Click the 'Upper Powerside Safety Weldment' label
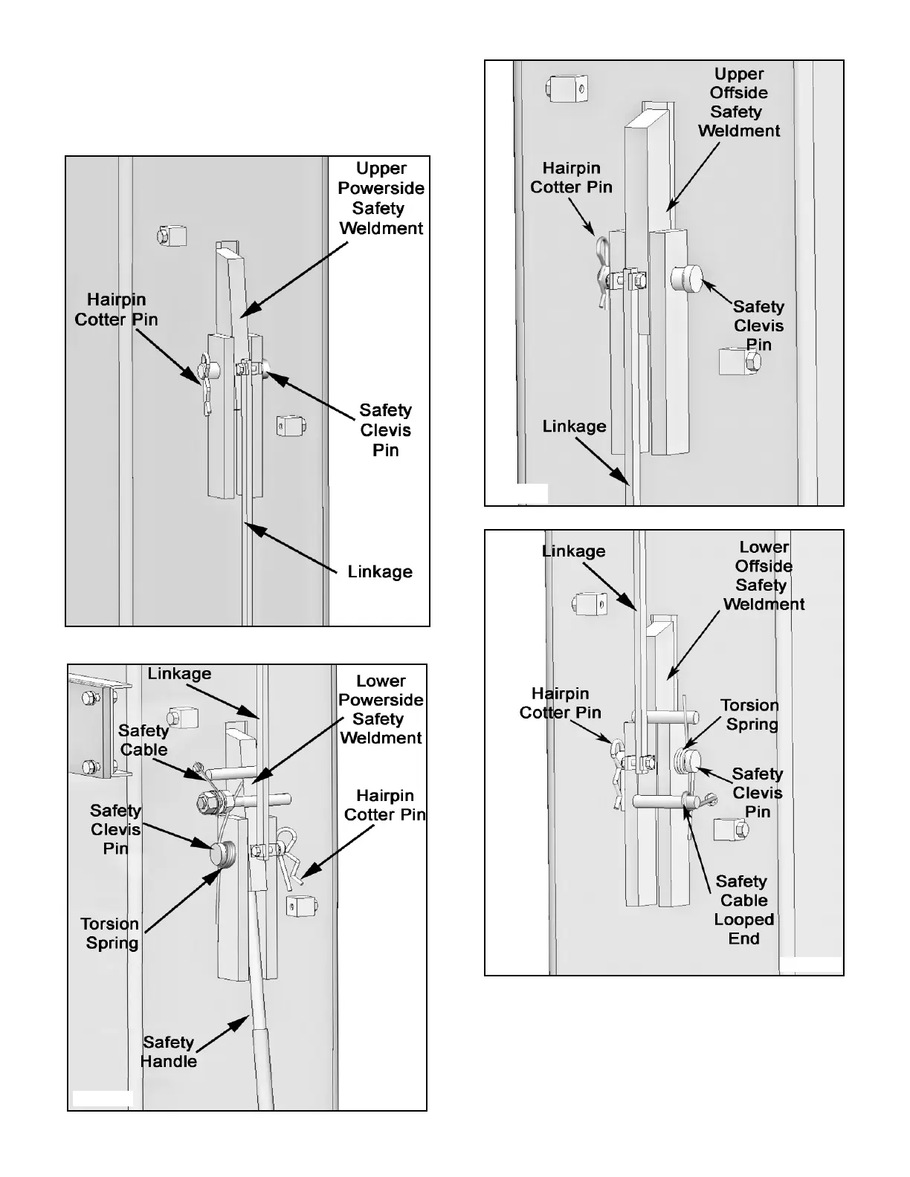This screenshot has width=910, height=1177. tap(381, 198)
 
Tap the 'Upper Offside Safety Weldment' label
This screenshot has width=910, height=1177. tap(738, 103)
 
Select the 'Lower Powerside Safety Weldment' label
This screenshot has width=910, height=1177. tap(381, 709)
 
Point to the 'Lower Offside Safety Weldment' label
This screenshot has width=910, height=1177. tap(764, 576)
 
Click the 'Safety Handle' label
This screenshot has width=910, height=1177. tap(169, 1051)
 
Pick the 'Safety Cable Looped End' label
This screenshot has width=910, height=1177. tap(743, 909)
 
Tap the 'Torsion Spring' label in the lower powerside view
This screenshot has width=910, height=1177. tap(111, 933)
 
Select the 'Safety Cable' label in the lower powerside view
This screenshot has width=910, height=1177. tap(143, 740)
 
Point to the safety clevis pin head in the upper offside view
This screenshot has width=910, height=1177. tap(687, 279)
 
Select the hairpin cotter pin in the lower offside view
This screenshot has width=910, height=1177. tap(619, 773)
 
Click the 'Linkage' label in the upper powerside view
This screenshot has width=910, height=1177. tap(380, 572)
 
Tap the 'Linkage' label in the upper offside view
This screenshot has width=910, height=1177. tap(574, 427)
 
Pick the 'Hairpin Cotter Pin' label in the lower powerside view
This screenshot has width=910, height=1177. tap(384, 805)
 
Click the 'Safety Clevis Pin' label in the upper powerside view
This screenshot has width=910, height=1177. tap(385, 430)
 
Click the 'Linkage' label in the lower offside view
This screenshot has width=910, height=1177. tap(573, 551)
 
